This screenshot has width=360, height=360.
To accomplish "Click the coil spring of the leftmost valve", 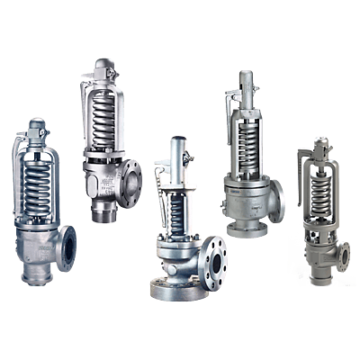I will (39, 184).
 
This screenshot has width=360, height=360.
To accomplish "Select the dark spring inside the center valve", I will (176, 212).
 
